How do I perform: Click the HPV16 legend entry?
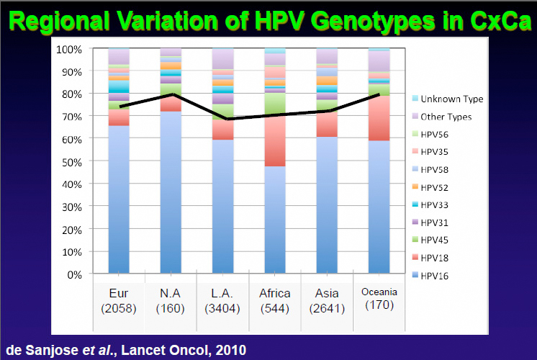[440, 275]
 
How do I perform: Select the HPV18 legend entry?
[440, 257]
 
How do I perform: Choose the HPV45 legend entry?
[440, 240]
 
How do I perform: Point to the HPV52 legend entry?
[440, 186]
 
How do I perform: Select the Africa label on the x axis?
[275, 293]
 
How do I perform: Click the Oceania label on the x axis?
[379, 292]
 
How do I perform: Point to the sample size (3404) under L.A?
[222, 308]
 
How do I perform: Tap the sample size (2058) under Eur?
[119, 308]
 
